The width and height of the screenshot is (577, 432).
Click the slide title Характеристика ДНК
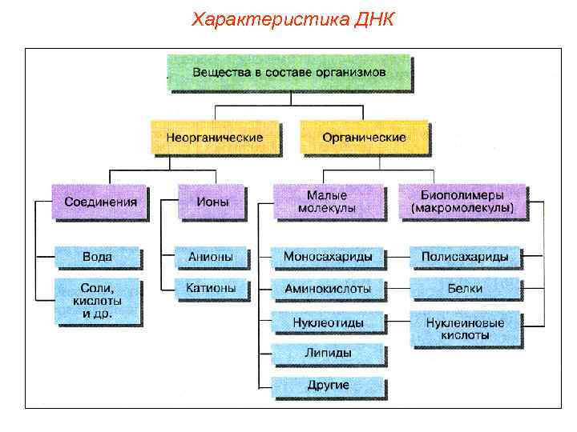[293, 18]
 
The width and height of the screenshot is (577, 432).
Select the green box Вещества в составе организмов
[288, 72]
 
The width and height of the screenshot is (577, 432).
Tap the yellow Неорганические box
[215, 138]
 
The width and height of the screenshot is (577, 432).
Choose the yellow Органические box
[364, 138]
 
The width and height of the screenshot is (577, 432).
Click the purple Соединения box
[100, 202]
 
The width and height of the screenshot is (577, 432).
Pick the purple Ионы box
[210, 202]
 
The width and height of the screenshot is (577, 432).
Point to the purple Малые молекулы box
[327, 202]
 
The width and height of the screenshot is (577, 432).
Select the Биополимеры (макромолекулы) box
[462, 202]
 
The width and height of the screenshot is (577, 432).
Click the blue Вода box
[97, 258]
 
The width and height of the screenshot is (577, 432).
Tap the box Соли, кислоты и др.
[97, 301]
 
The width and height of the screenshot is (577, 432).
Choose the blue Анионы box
[210, 258]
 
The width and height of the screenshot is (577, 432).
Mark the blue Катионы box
[210, 288]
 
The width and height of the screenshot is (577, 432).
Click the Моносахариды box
[328, 258]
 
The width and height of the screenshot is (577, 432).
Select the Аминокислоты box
[328, 288]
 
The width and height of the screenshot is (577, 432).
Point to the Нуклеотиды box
[328, 322]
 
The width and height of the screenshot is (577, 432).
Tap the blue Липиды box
[328, 353]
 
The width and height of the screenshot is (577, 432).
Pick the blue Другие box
[328, 386]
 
